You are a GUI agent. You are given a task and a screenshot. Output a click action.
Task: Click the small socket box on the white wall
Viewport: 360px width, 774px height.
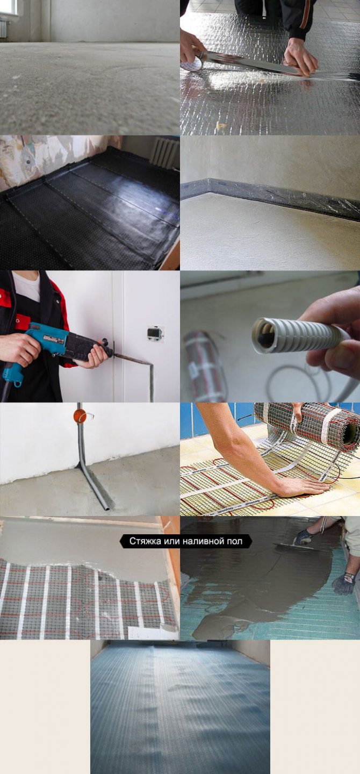pos(155,333)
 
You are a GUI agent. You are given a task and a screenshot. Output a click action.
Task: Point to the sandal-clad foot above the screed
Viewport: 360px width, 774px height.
pos(305,537)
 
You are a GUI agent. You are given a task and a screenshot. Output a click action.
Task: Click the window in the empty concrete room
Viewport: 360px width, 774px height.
pos(9,8)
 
